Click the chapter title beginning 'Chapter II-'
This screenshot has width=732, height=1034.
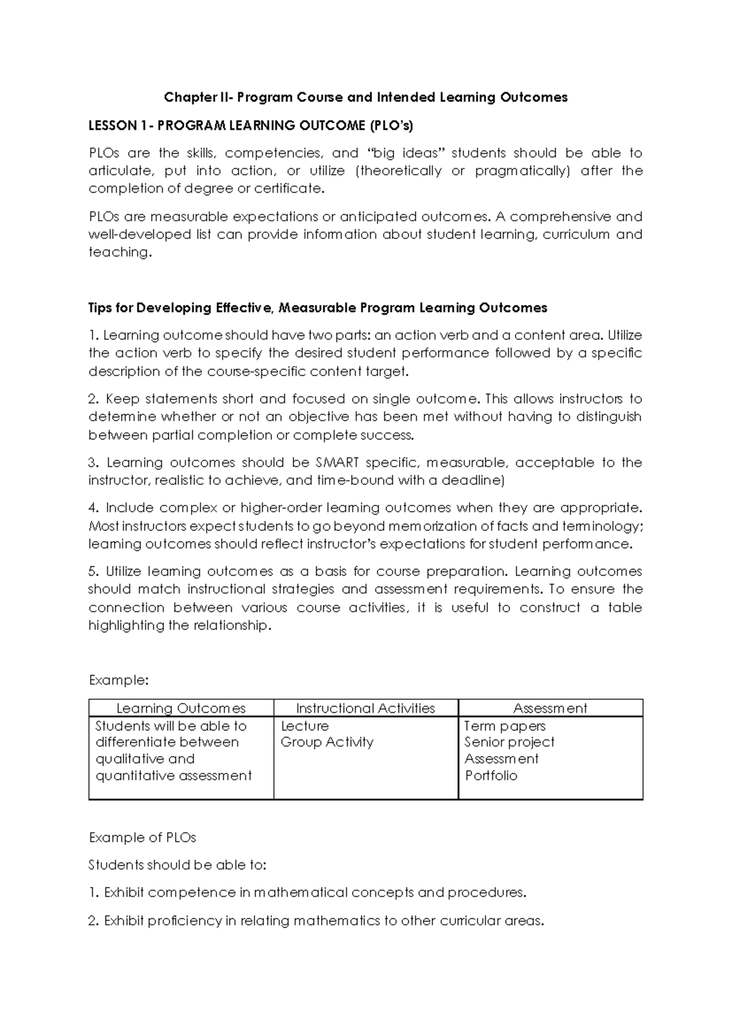(x=365, y=98)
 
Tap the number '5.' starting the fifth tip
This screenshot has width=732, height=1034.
(x=94, y=572)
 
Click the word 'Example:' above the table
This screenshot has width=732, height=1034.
(x=119, y=680)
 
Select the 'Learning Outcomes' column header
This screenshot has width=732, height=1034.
(x=181, y=708)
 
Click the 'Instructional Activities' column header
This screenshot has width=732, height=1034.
(x=365, y=708)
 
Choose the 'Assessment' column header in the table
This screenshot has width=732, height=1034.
(x=550, y=708)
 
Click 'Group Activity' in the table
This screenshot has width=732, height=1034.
(x=327, y=743)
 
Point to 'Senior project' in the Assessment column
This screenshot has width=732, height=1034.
(x=509, y=743)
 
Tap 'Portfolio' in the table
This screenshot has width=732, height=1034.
(x=491, y=776)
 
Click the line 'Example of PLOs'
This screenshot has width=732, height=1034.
(x=142, y=838)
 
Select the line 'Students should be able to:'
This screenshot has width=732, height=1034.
(x=178, y=865)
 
